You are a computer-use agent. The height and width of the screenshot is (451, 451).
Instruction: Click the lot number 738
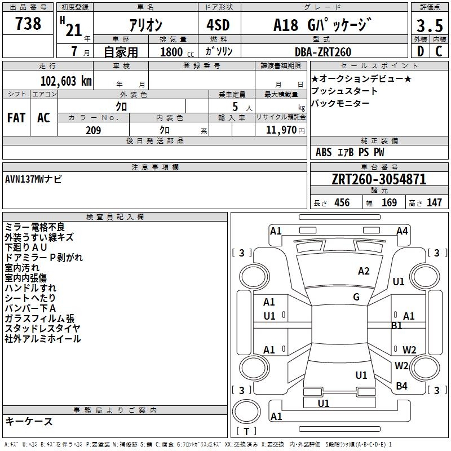click(28, 23)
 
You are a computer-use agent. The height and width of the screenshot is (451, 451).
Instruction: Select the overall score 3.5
click(430, 25)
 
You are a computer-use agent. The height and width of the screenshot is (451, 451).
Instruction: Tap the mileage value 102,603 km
click(66, 81)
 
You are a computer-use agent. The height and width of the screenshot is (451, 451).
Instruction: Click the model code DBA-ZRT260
click(323, 52)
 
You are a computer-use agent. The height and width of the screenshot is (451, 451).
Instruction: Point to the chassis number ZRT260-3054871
click(379, 179)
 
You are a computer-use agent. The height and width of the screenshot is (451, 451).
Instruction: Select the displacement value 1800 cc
click(177, 52)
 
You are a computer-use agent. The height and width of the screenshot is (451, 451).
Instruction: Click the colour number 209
click(94, 130)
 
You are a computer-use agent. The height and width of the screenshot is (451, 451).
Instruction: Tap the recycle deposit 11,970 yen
click(285, 130)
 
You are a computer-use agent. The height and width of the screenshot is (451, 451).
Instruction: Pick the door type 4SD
click(218, 25)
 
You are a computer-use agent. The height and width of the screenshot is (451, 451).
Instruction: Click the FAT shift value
click(16, 118)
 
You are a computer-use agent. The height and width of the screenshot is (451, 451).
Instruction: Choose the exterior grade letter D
click(421, 51)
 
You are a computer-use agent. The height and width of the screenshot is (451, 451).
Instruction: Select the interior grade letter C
click(439, 51)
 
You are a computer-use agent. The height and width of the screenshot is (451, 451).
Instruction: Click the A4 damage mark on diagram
click(402, 231)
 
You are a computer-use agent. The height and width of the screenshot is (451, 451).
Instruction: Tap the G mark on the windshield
click(356, 297)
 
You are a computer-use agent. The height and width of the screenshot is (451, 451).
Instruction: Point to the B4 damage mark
click(401, 386)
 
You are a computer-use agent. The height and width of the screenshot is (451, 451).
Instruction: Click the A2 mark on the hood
click(364, 271)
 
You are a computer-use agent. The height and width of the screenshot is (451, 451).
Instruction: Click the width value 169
click(389, 202)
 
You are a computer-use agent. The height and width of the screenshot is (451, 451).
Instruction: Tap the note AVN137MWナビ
click(33, 179)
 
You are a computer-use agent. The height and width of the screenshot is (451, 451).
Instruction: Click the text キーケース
click(29, 421)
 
